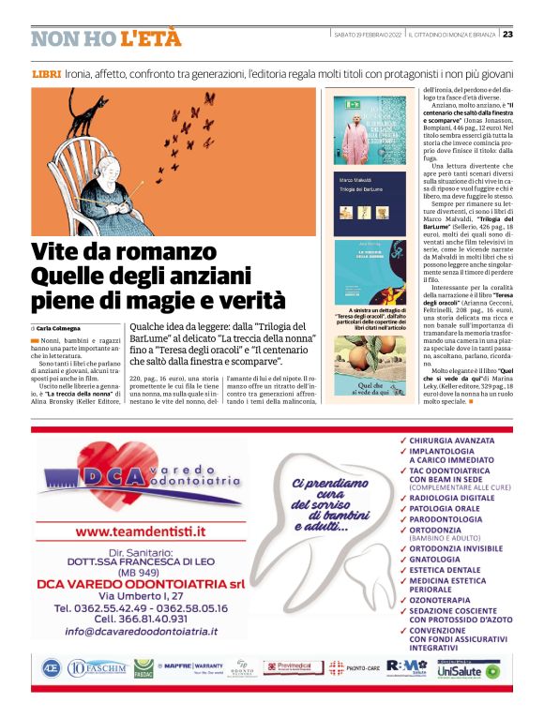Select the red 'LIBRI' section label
click(46, 73)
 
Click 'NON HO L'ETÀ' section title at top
click(94, 39)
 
